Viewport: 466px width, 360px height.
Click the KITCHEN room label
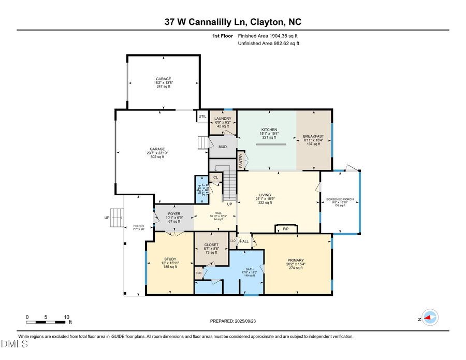tap(269, 129)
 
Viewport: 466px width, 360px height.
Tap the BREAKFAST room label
tap(313, 136)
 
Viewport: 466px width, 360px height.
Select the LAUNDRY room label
tap(223, 119)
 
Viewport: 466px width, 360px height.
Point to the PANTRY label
tap(241, 161)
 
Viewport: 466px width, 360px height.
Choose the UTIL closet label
tap(202, 117)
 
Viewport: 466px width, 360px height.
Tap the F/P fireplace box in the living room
tap(285, 228)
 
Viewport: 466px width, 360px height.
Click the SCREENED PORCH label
tap(339, 199)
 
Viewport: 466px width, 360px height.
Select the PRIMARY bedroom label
tap(296, 260)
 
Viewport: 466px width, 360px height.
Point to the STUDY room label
tap(170, 258)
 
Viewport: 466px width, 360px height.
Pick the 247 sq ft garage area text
tap(163, 87)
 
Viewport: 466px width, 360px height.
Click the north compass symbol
tap(429, 318)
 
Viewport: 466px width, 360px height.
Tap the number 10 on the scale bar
tap(66, 316)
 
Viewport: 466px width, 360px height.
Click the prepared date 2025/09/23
tap(232, 321)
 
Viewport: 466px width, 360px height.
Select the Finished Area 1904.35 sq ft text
tap(268, 36)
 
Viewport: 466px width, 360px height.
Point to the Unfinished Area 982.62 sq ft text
tap(268, 44)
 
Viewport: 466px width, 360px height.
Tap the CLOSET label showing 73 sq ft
tap(211, 244)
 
